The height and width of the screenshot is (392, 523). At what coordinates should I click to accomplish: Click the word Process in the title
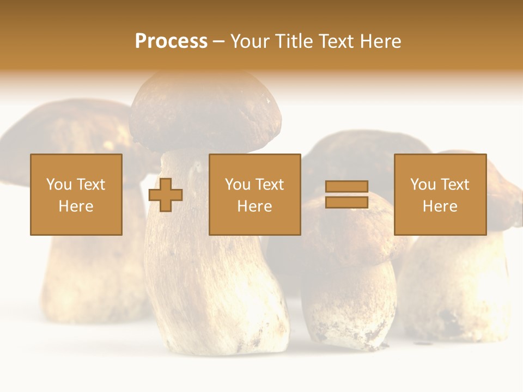click(171, 41)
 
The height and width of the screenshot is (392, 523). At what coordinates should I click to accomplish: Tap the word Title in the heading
click(291, 41)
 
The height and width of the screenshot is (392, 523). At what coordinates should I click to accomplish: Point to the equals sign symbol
click(346, 194)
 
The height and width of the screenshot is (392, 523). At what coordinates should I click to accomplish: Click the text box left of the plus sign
click(76, 194)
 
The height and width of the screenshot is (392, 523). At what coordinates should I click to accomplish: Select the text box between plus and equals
click(254, 194)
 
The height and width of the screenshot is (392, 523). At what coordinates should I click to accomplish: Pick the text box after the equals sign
click(440, 194)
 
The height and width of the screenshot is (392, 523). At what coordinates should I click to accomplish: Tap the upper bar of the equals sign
click(346, 187)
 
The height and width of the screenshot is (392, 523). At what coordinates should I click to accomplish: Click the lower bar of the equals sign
click(346, 202)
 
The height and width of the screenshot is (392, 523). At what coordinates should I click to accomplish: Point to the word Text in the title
click(333, 41)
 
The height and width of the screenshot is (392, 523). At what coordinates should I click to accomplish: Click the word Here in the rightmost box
click(440, 206)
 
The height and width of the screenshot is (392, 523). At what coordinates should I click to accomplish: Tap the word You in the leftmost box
click(59, 184)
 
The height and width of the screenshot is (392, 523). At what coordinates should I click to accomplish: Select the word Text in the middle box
click(270, 184)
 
